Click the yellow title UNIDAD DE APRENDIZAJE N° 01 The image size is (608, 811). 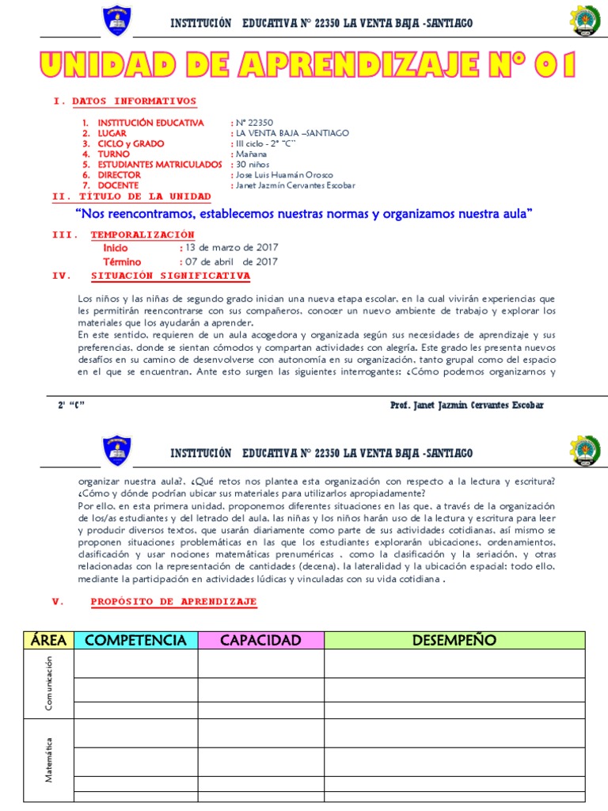303,66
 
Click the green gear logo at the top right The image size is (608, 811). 586,21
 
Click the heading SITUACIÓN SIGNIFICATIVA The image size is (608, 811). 170,276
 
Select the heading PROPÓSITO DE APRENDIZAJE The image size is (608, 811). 173,602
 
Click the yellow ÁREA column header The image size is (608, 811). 48,640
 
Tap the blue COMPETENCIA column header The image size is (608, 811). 135,640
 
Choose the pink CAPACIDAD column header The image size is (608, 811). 260,640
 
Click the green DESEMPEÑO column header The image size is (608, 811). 454,640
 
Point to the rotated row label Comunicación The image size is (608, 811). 49,684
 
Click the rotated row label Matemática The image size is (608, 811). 49,760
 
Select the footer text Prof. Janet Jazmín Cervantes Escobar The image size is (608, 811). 467,405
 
